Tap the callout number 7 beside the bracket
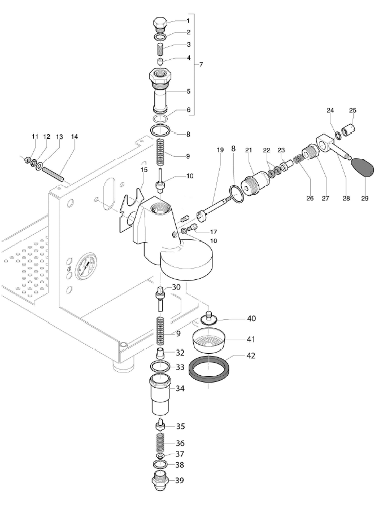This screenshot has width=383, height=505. click(201, 65)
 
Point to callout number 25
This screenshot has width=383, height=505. click(353, 110)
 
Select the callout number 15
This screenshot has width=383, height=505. click(144, 169)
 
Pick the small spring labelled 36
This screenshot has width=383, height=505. click(160, 441)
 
